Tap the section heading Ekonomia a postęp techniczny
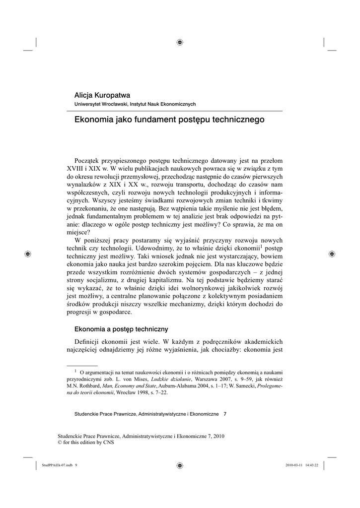coord(121,329)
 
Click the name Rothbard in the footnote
coord(90,385)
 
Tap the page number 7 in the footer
coord(225,413)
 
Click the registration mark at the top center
coord(180,42)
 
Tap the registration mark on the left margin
coord(28,254)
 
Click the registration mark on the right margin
coord(331,254)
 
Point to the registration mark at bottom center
coord(180,465)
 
